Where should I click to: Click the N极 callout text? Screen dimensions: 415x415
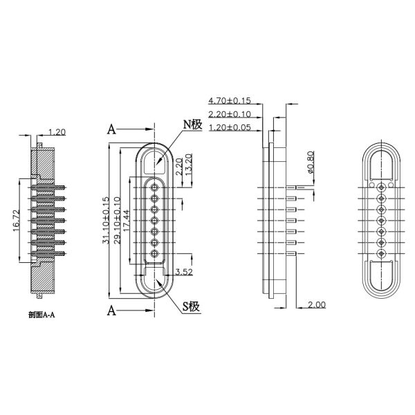click(x=192, y=124)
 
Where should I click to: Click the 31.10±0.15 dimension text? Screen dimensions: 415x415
click(x=106, y=220)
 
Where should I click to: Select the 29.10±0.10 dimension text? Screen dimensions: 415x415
click(x=116, y=220)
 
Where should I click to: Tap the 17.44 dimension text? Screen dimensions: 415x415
click(x=127, y=220)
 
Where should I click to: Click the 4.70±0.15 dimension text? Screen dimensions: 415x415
click(x=230, y=101)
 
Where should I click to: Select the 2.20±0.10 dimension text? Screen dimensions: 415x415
click(x=230, y=114)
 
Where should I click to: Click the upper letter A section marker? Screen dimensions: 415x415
click(x=111, y=129)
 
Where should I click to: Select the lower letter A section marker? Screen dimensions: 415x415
click(x=111, y=310)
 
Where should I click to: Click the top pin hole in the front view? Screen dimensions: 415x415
click(x=156, y=185)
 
